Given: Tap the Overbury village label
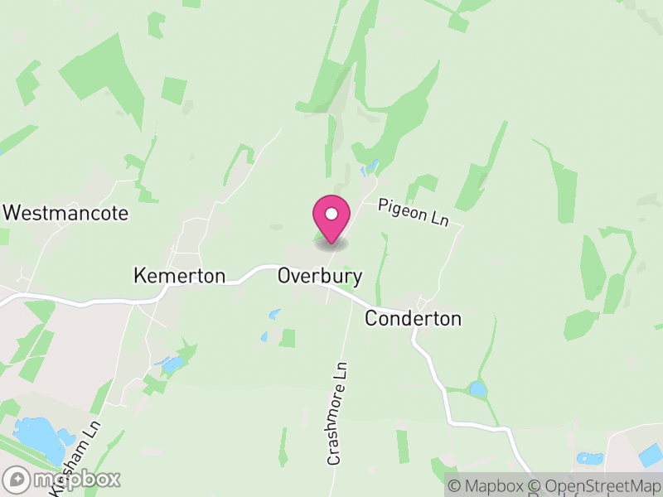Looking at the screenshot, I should pos(320,276).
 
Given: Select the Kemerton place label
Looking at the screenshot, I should pos(179,276).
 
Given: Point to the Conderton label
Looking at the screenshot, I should pos(413,318).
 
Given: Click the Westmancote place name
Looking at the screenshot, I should pos(66,213).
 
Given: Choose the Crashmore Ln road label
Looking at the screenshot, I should pos(336,413).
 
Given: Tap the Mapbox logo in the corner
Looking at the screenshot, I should pos(62,479).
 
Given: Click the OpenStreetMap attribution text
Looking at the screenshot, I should pos(594,485).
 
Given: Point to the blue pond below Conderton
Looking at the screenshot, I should pos(477,388).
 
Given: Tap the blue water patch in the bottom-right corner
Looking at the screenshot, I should pos(651,455).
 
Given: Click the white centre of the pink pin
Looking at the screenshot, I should pos(331,214).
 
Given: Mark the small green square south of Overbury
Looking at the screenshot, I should pos(288,338).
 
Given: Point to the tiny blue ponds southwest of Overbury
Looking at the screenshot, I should pos(273,316).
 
